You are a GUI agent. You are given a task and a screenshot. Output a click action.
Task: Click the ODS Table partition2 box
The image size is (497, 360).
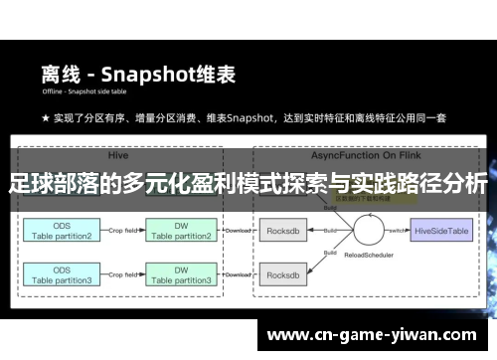click(x=61, y=230)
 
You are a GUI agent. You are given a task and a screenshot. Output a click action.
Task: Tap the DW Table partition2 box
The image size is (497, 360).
click(x=180, y=230)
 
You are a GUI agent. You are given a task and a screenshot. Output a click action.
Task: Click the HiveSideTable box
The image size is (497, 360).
click(x=440, y=230)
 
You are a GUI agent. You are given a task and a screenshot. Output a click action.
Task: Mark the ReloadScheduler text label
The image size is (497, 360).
click(x=360, y=267)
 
